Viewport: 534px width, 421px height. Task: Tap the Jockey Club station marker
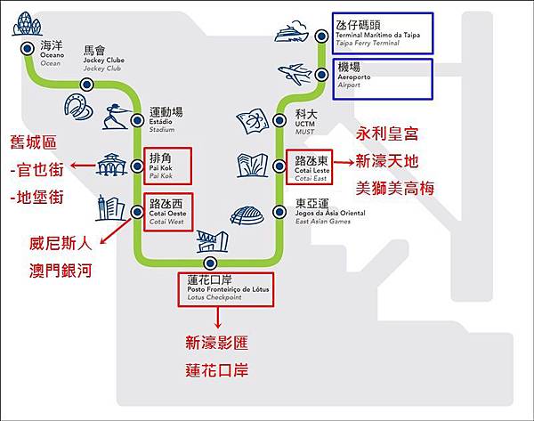click(86, 84)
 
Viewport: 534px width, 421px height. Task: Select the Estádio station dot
click(135, 119)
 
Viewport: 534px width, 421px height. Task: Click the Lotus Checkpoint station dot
click(210, 263)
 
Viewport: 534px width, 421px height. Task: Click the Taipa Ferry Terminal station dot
click(322, 36)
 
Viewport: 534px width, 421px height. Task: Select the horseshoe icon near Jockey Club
click(77, 108)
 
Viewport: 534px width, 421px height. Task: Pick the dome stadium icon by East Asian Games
click(247, 215)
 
